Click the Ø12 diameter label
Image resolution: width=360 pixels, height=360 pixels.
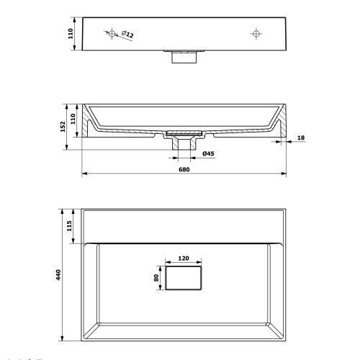pyautogui.click(x=127, y=34)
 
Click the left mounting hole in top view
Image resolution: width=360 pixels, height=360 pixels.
pyautogui.click(x=112, y=33)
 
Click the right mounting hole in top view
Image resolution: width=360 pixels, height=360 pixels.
pyautogui.click(x=256, y=33)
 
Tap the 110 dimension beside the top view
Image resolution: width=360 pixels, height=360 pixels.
pyautogui.click(x=71, y=34)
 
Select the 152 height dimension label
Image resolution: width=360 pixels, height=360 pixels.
pyautogui.click(x=63, y=127)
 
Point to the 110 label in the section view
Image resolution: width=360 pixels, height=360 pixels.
pyautogui.click(x=73, y=119)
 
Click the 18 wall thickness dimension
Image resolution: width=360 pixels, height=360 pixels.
pyautogui.click(x=301, y=138)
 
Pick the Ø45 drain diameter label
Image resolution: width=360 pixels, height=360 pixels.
pyautogui.click(x=208, y=153)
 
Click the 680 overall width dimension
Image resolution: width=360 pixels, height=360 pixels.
pyautogui.click(x=184, y=169)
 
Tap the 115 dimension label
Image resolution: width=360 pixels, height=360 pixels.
pyautogui.click(x=69, y=226)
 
